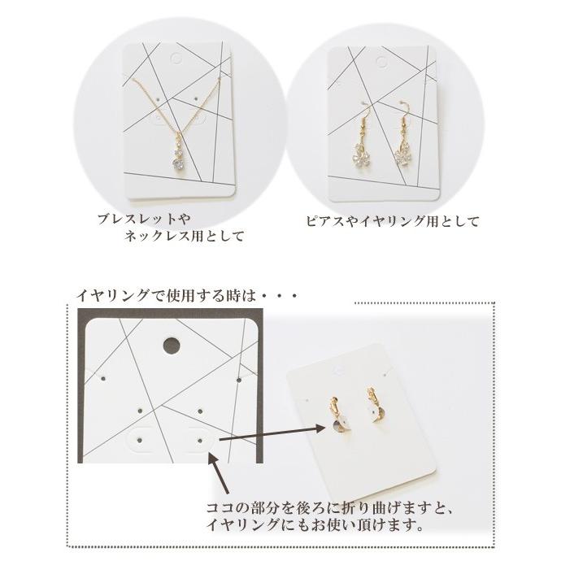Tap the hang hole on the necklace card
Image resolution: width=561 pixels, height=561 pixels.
[177, 58]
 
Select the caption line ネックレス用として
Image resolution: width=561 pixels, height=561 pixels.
[183, 237]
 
